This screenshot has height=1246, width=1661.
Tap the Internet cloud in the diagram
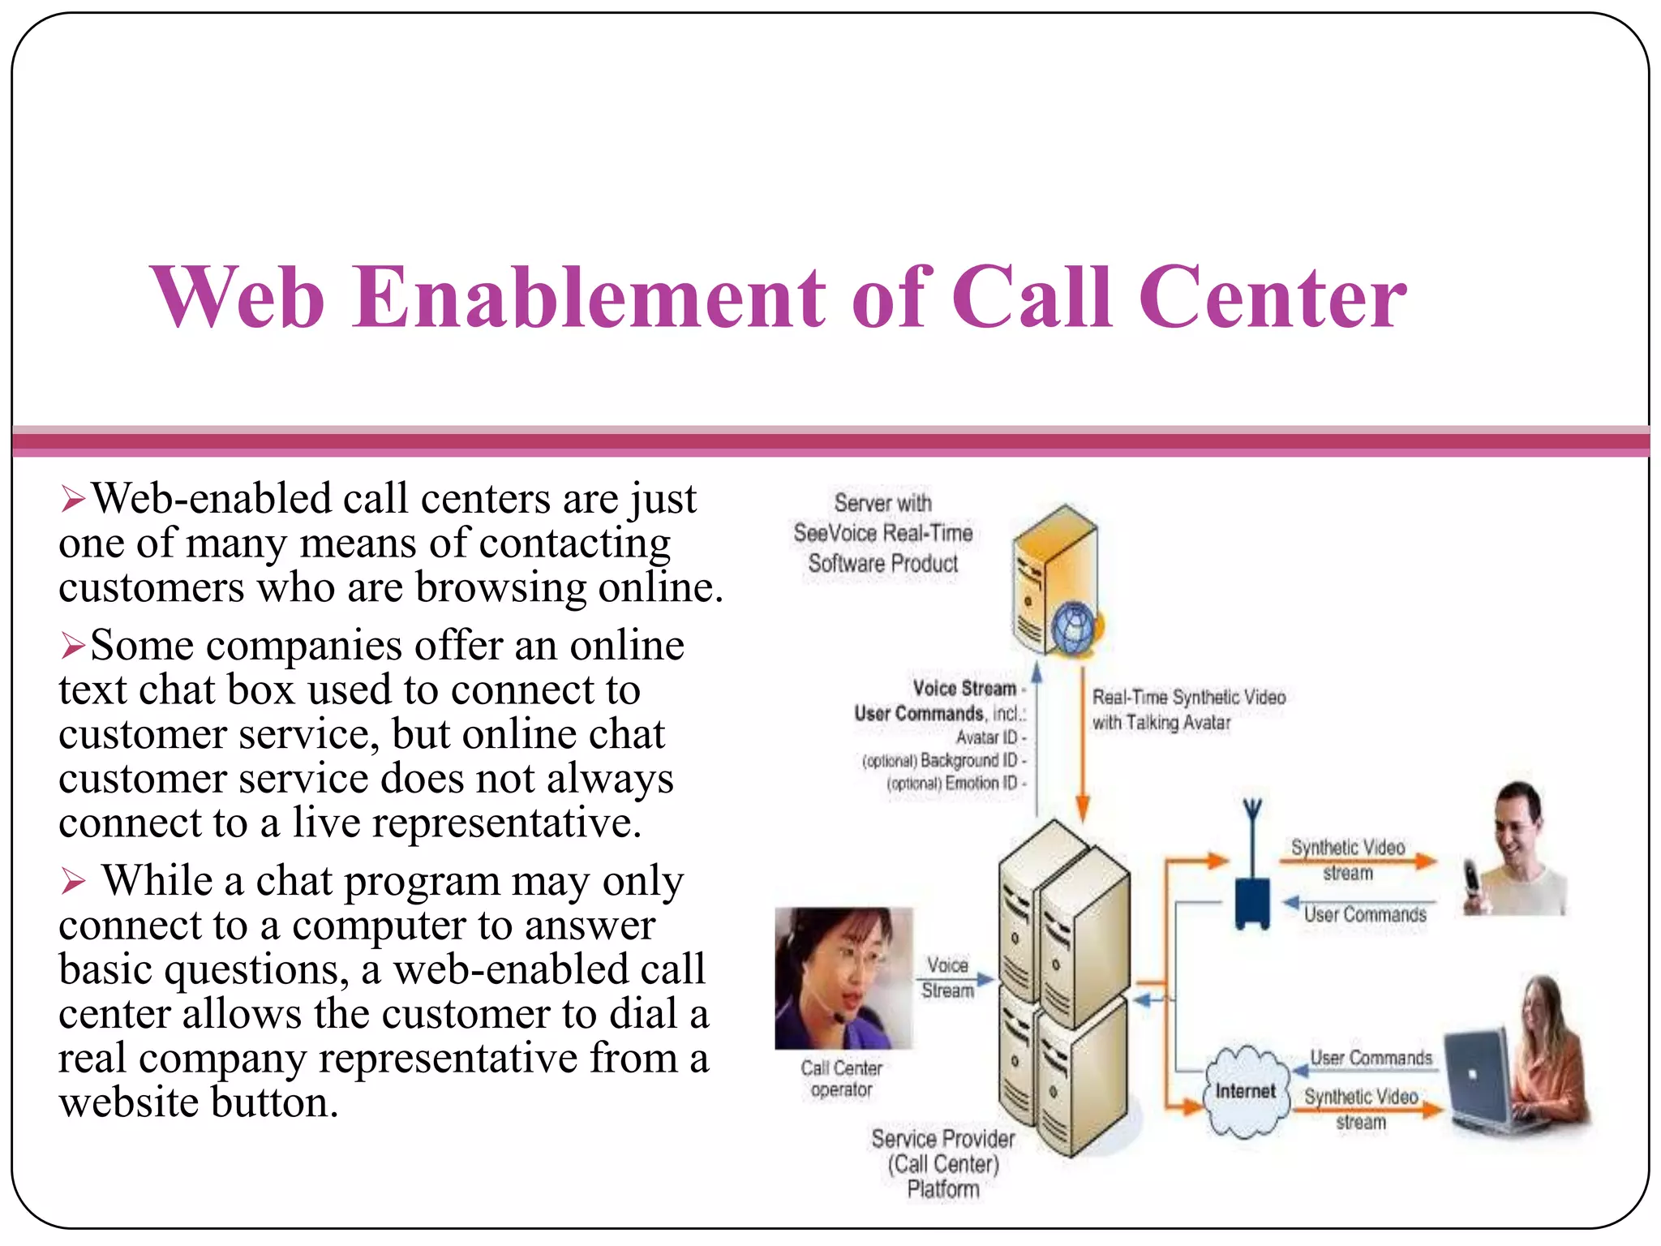point(1245,1091)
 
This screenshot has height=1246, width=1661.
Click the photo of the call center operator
point(843,978)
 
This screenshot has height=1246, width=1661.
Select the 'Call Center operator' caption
point(842,1079)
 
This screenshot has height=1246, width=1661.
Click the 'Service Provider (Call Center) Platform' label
point(943,1164)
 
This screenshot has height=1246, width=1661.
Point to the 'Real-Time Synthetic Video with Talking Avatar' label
point(1188,710)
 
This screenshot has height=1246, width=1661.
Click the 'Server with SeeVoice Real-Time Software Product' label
point(883,533)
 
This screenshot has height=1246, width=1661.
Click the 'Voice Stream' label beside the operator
point(947,977)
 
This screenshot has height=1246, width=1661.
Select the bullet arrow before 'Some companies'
point(73,647)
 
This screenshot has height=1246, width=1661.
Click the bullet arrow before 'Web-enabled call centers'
point(73,499)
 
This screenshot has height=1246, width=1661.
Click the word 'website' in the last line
point(128,1102)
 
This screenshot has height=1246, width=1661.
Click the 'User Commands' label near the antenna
point(1365,914)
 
